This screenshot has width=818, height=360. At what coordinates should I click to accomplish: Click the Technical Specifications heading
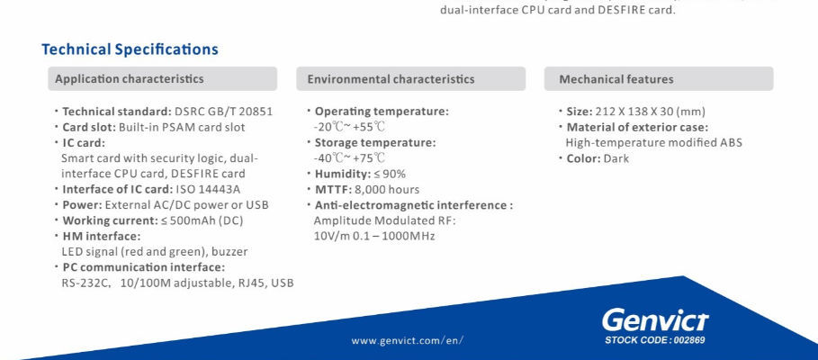point(130,49)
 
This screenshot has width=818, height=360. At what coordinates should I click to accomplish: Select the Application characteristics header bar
point(167,79)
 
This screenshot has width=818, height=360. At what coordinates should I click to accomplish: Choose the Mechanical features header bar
point(659,79)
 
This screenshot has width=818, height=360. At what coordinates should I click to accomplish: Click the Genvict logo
point(654,320)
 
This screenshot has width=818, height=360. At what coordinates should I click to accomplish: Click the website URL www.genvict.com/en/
point(408,341)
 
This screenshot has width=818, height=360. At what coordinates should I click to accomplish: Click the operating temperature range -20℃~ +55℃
point(343,127)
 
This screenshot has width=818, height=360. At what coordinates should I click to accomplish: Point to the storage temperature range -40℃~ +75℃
point(343,157)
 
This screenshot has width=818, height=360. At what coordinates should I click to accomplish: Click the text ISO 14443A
point(208,189)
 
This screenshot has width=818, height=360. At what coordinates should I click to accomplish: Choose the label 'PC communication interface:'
point(143,267)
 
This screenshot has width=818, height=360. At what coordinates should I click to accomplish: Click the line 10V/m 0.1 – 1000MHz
point(373,236)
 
